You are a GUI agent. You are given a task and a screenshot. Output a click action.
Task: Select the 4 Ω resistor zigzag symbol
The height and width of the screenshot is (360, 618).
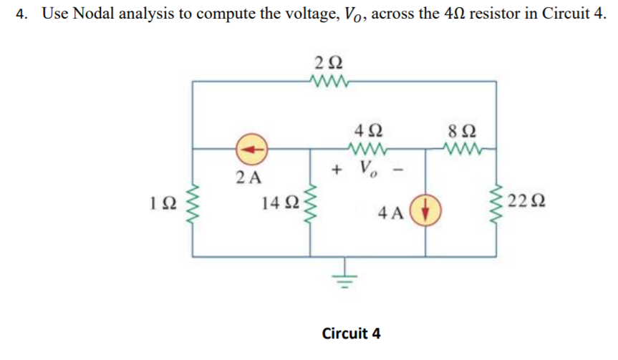367,150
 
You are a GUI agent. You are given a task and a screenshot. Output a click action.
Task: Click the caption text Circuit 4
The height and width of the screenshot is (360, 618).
352,334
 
